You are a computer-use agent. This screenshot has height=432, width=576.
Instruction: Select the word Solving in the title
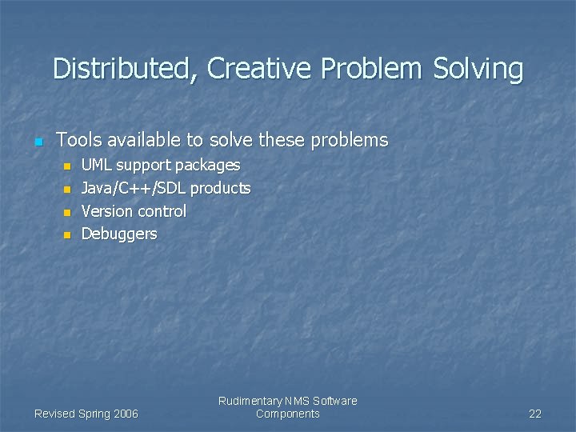(x=478, y=69)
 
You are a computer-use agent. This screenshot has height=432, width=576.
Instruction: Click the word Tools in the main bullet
(x=78, y=141)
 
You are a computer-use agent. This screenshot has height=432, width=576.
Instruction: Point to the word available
(x=143, y=141)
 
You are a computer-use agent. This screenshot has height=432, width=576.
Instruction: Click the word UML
(x=98, y=166)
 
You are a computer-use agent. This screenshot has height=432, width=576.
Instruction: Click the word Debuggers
(x=119, y=234)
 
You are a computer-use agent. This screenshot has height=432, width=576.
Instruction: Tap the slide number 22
(x=535, y=414)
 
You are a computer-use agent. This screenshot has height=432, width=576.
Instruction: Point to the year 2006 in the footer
(x=126, y=414)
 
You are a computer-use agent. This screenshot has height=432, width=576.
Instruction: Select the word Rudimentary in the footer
(x=250, y=401)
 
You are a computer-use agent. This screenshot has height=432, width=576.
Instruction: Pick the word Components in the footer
(x=287, y=414)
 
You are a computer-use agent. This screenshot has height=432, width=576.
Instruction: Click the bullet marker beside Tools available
(x=38, y=142)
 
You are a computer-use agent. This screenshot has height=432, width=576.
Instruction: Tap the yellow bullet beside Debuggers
(x=67, y=235)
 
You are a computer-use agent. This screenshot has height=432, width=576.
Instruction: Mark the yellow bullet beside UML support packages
(x=67, y=166)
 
